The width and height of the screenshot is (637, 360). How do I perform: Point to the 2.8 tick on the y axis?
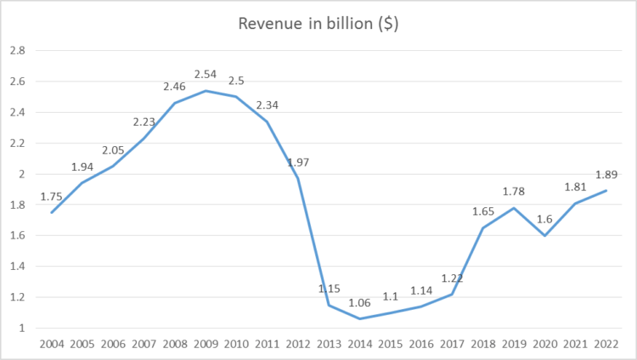(x=17, y=50)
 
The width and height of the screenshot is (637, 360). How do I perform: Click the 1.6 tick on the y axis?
(x=17, y=235)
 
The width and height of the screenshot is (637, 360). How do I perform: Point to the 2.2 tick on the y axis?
(x=17, y=143)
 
